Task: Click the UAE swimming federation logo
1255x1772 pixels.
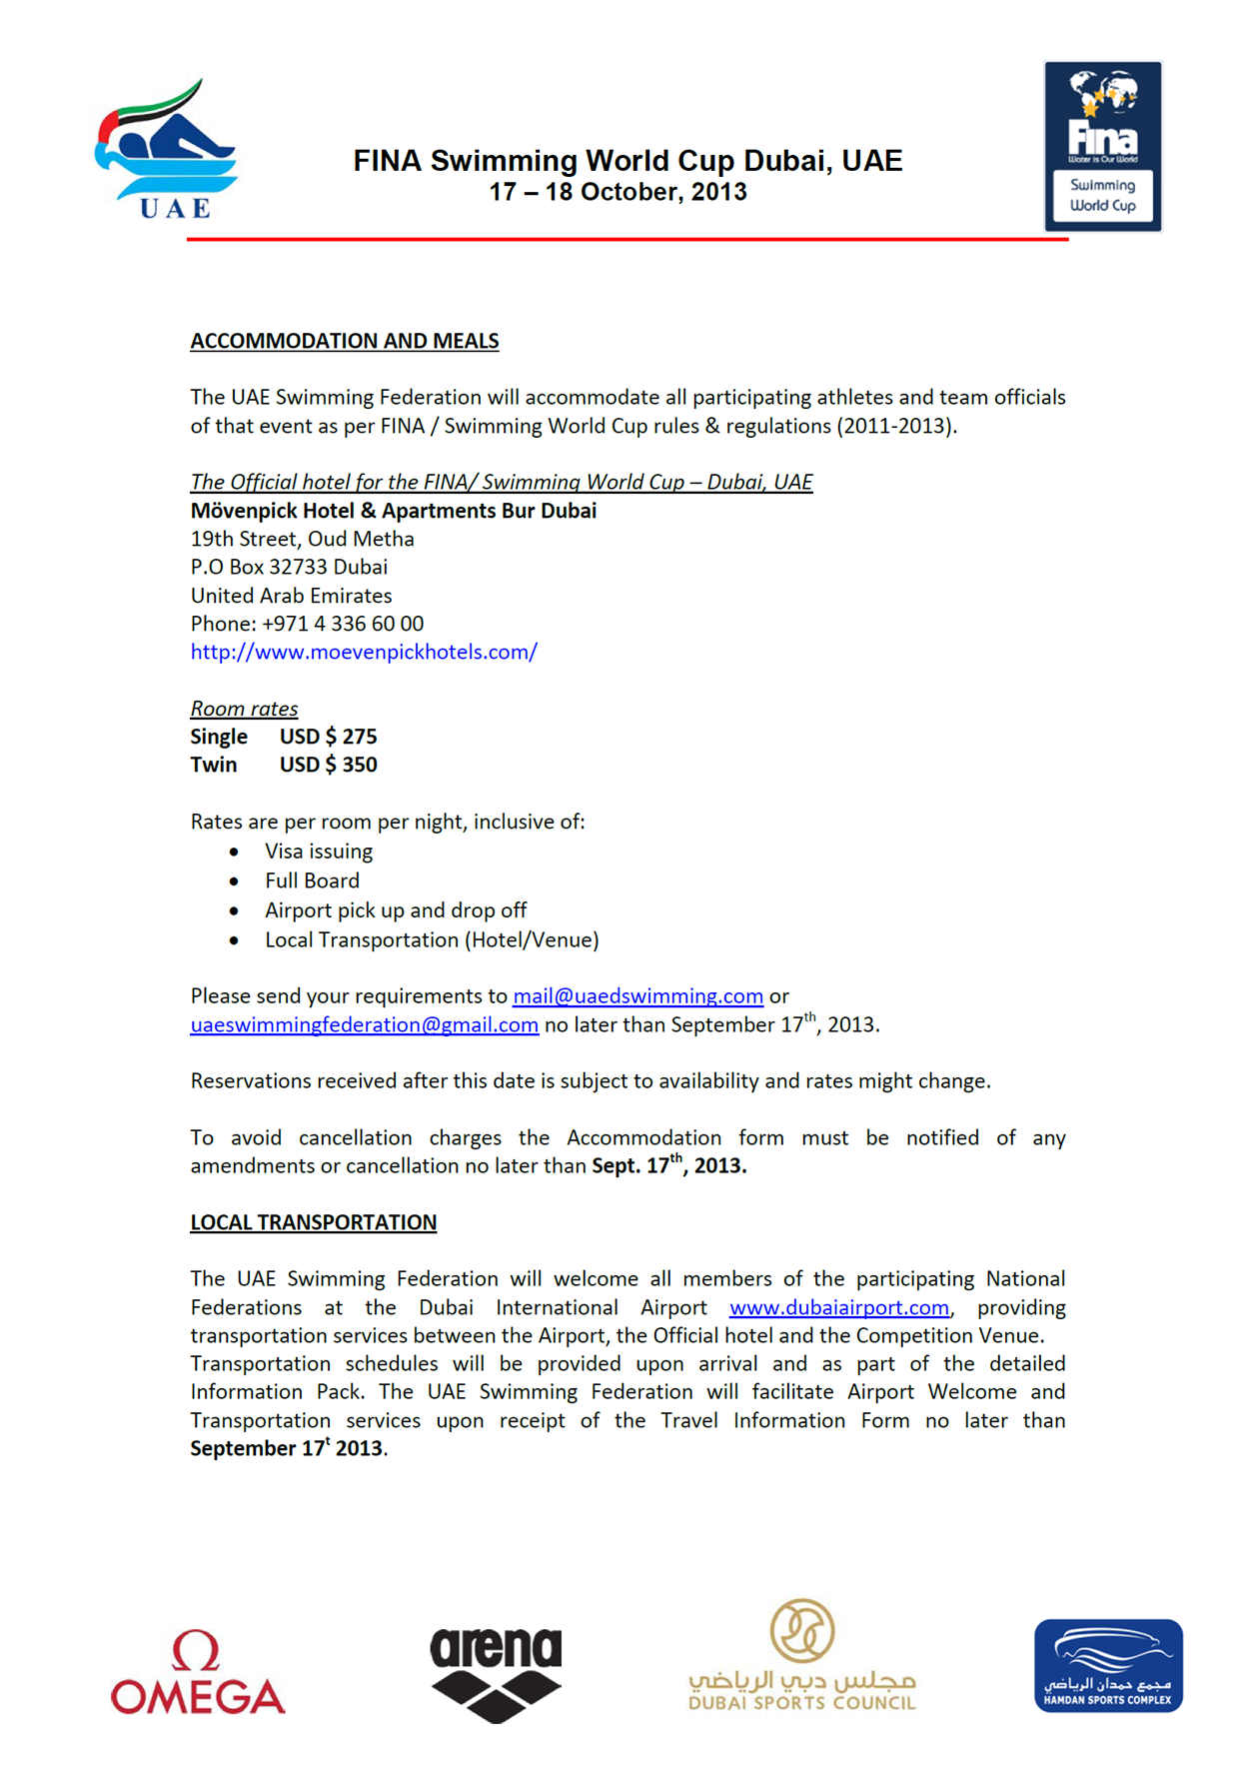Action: click(167, 150)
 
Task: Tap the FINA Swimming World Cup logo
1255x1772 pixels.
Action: click(1103, 147)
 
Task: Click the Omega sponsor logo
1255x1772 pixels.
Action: click(198, 1673)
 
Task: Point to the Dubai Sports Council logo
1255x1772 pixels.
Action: click(802, 1656)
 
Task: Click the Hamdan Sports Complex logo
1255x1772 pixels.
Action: click(1108, 1665)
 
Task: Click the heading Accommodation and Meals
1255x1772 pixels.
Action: click(345, 341)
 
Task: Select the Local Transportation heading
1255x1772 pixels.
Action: click(314, 1222)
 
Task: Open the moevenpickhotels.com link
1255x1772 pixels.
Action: click(364, 652)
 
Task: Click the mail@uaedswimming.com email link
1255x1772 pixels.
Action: click(637, 995)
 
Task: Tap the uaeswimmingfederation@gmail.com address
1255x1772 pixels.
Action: click(365, 1024)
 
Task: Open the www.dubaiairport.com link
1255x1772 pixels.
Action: click(839, 1307)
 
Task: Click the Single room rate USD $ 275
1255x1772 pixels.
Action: click(328, 737)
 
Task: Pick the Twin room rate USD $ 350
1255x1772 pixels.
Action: click(328, 765)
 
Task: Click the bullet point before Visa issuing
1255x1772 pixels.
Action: click(234, 852)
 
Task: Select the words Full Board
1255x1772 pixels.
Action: click(312, 881)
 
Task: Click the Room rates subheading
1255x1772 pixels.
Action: click(244, 709)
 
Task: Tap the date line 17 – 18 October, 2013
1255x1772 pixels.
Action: click(618, 192)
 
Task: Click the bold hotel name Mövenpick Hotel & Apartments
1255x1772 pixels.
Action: click(394, 511)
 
